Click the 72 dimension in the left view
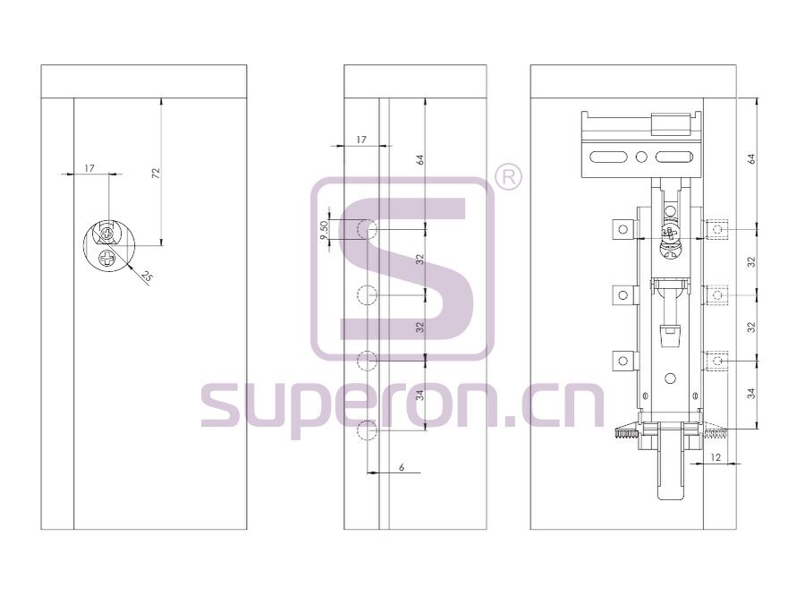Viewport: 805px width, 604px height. (x=157, y=173)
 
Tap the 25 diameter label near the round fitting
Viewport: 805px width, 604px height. (x=147, y=276)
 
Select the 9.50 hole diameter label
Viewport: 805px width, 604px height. (x=324, y=230)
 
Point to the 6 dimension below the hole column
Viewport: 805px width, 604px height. (x=402, y=467)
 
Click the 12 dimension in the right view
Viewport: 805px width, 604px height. (x=716, y=457)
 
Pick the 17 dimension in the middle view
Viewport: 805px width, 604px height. (x=361, y=140)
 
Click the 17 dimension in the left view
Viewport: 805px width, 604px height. (x=89, y=168)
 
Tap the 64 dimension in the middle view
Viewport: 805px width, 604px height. (x=420, y=159)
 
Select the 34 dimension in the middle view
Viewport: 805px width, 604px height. (x=420, y=396)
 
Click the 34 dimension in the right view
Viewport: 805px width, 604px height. (x=751, y=394)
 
